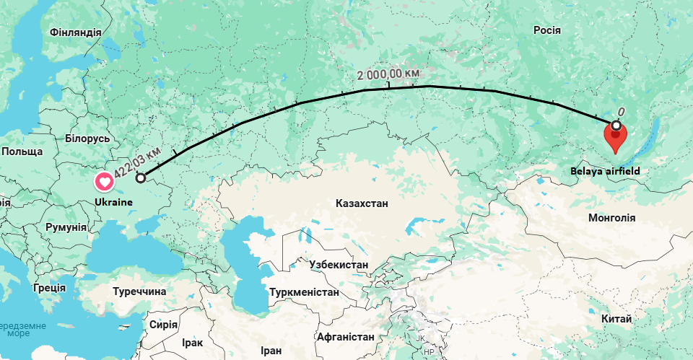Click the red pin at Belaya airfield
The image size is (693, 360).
(615, 137)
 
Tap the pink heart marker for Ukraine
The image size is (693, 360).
(105, 182)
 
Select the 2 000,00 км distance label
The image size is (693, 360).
(388, 74)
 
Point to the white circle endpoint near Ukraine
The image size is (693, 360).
(140, 177)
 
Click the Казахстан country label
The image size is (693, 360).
(361, 203)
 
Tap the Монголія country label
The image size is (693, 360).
(611, 217)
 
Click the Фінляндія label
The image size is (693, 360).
(76, 32)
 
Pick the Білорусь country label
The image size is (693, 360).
(87, 138)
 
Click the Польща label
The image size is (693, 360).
(22, 152)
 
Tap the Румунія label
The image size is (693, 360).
(66, 227)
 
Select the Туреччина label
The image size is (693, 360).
(139, 291)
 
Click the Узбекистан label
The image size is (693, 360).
(338, 265)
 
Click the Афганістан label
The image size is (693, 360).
(345, 336)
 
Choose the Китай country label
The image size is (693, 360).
(616, 319)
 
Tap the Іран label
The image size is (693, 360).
(271, 351)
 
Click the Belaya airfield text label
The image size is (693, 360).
(605, 171)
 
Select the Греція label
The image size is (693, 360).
(48, 287)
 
